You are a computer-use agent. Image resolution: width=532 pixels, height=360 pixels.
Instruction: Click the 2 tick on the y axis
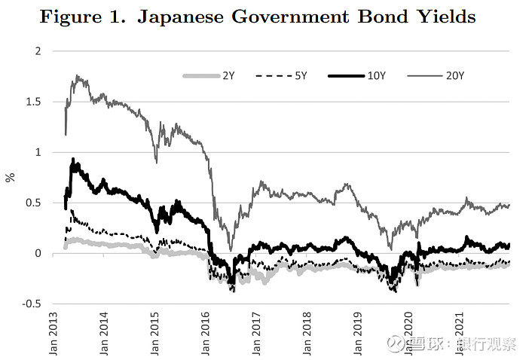[x=38, y=51]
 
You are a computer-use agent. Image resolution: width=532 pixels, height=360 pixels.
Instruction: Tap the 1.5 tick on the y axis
[x=34, y=102]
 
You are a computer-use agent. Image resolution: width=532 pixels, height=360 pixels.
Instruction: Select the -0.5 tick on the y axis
[x=32, y=304]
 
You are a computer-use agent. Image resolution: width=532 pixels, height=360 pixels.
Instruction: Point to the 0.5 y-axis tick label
[x=34, y=203]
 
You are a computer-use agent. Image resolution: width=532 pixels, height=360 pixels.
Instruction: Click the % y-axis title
[x=10, y=178]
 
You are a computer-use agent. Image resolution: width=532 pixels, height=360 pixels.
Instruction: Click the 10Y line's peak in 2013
[x=72, y=159]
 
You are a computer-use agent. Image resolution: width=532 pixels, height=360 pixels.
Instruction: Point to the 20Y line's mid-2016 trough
[x=230, y=250]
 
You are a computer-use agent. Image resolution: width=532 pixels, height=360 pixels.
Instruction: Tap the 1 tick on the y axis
[x=38, y=152]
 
